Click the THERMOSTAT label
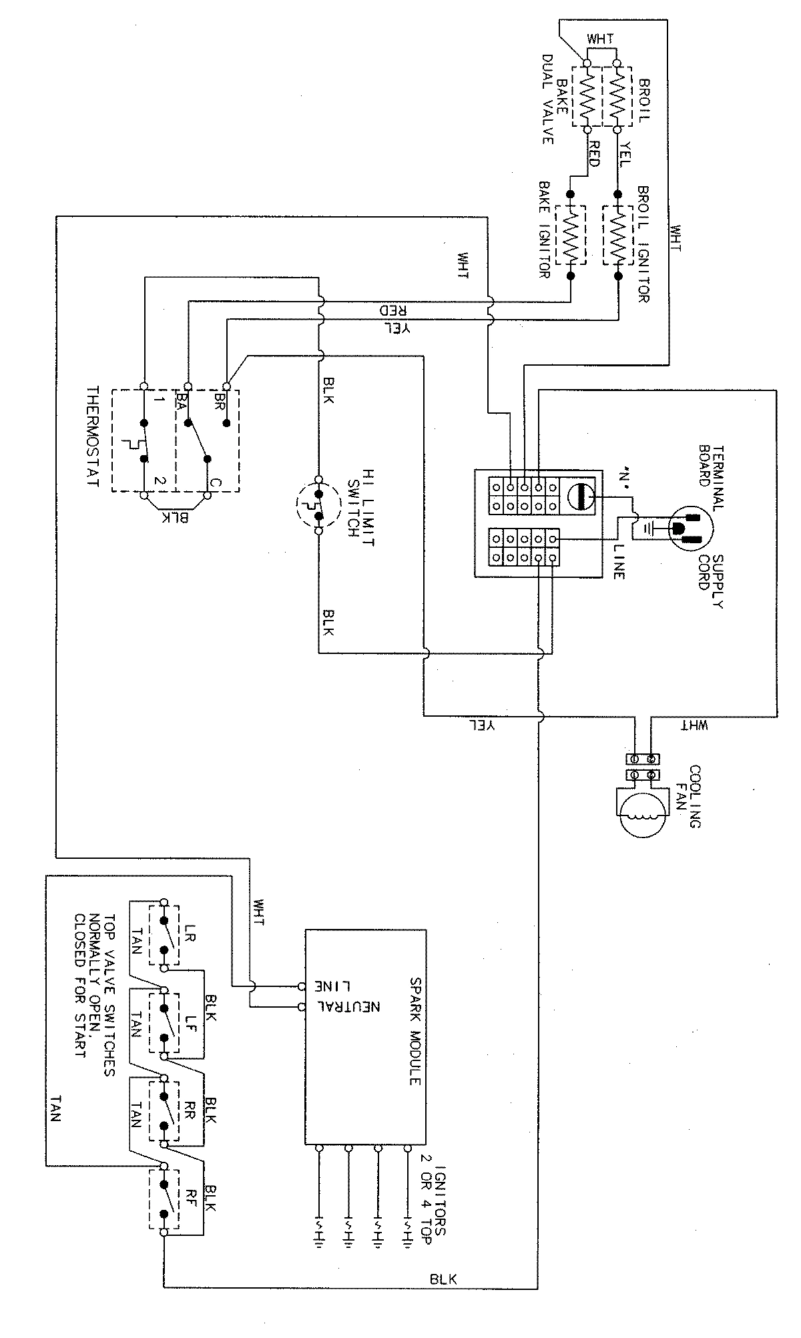click(x=93, y=436)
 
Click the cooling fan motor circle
click(x=641, y=813)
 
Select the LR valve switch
click(x=164, y=935)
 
